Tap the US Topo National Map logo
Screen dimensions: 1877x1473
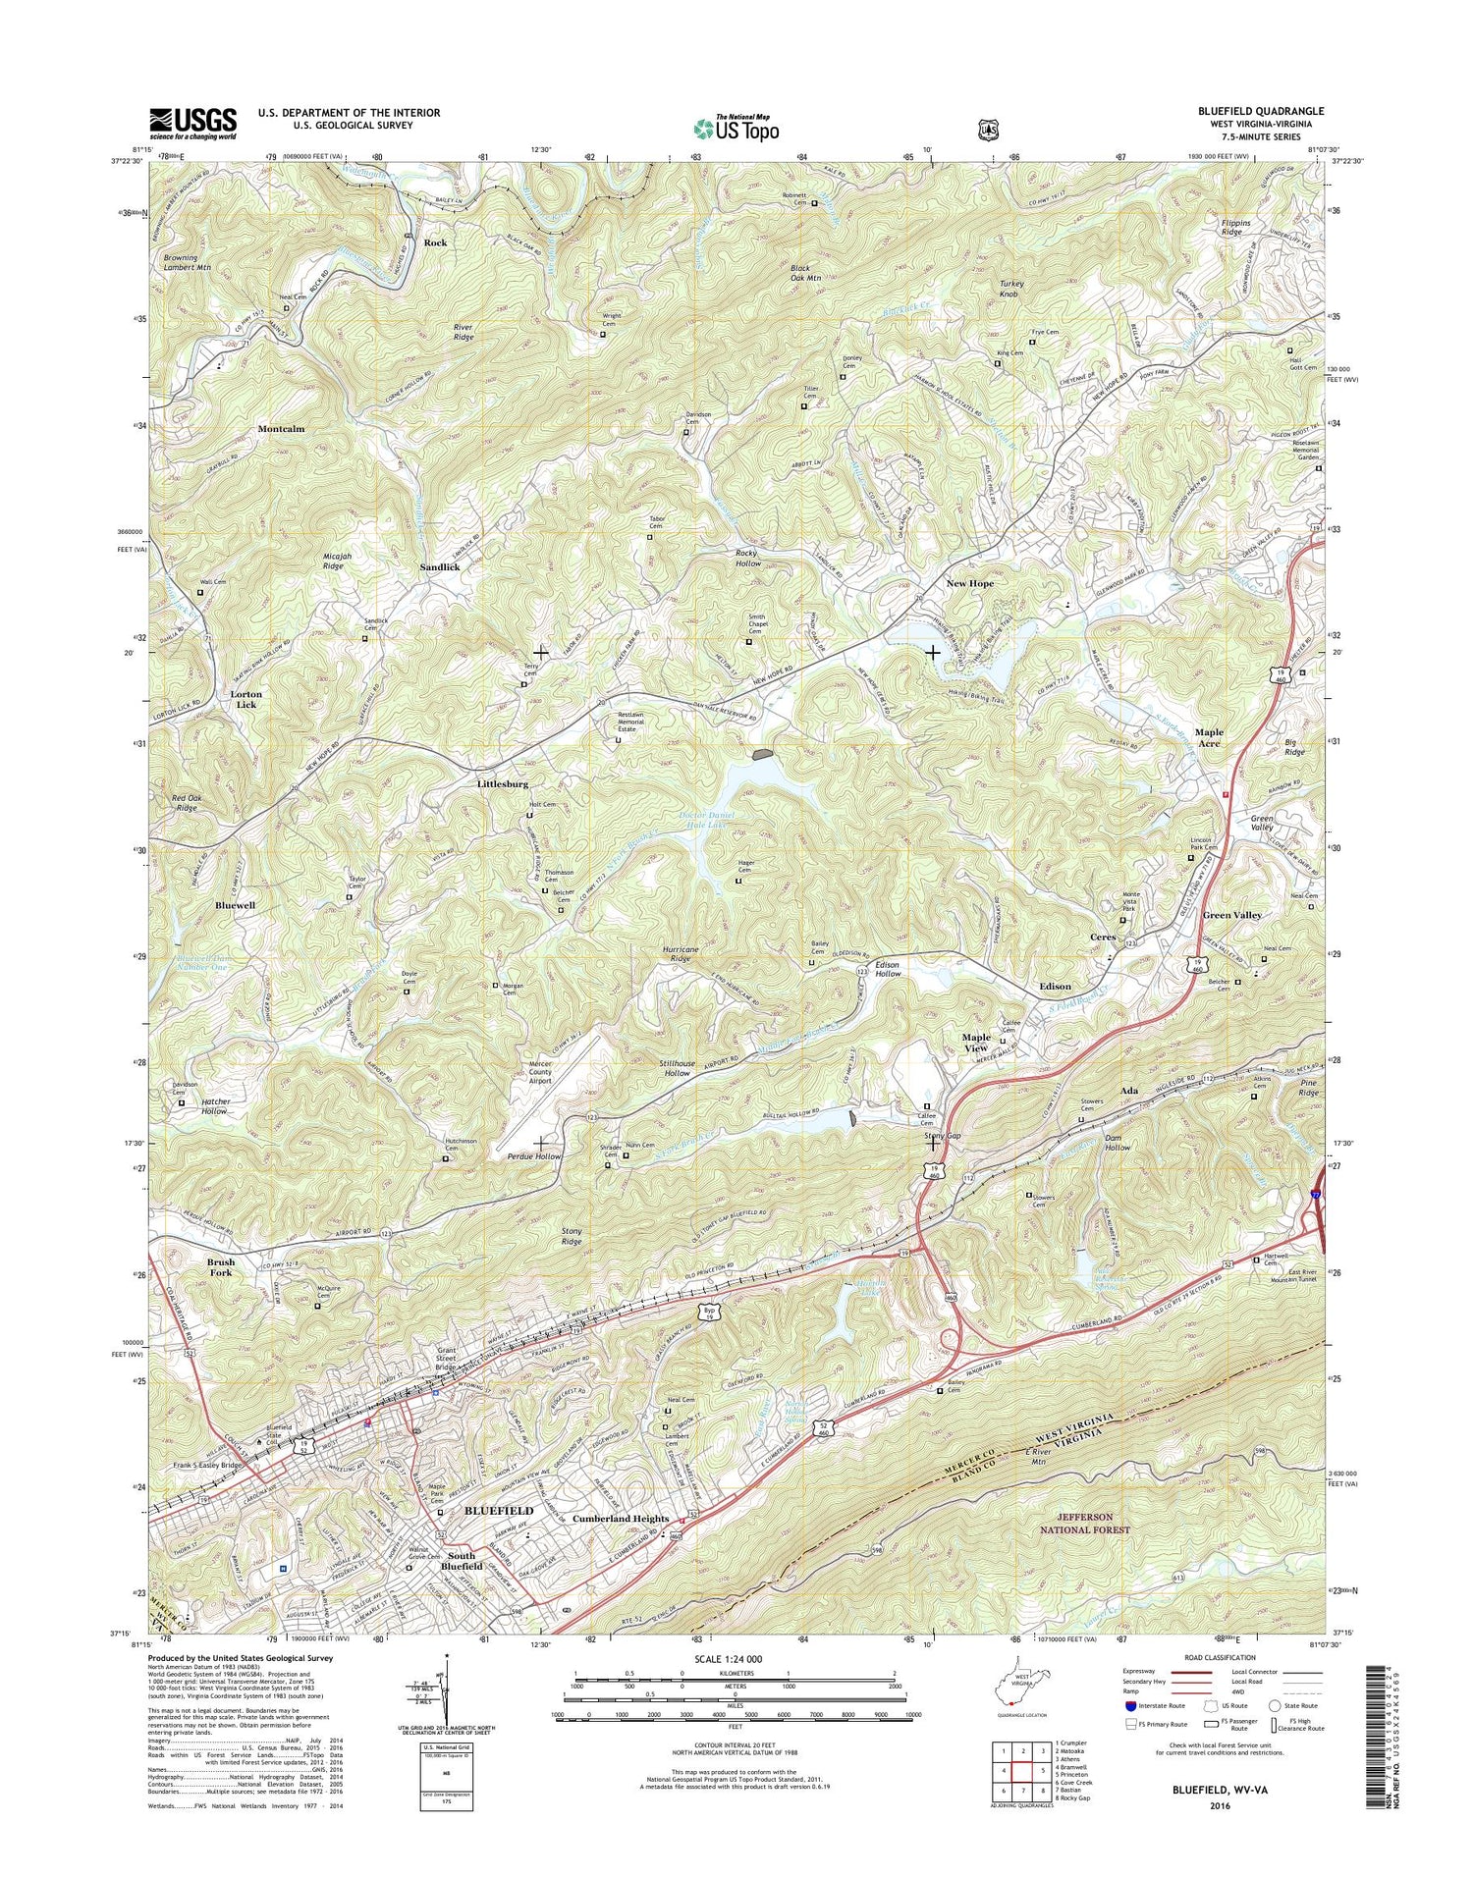[736, 127]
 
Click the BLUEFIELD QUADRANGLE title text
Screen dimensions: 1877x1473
[1247, 111]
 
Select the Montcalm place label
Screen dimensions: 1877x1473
[281, 429]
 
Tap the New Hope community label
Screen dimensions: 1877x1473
[969, 583]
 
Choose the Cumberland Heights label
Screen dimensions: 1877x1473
[621, 1519]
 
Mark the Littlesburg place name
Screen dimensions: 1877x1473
[503, 784]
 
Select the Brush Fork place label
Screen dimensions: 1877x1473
[220, 1266]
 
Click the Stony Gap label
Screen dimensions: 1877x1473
[943, 1136]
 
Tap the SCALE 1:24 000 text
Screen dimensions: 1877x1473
[728, 1658]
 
